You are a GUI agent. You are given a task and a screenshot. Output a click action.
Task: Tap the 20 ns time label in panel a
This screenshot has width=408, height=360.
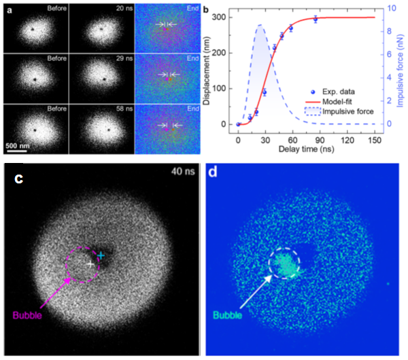[123, 9]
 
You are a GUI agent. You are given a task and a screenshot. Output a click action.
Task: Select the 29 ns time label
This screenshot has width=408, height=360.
[123, 59]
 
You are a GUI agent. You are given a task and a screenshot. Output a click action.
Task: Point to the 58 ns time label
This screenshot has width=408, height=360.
[123, 109]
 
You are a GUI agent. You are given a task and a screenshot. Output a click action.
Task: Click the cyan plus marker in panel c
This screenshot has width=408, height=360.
[101, 255]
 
